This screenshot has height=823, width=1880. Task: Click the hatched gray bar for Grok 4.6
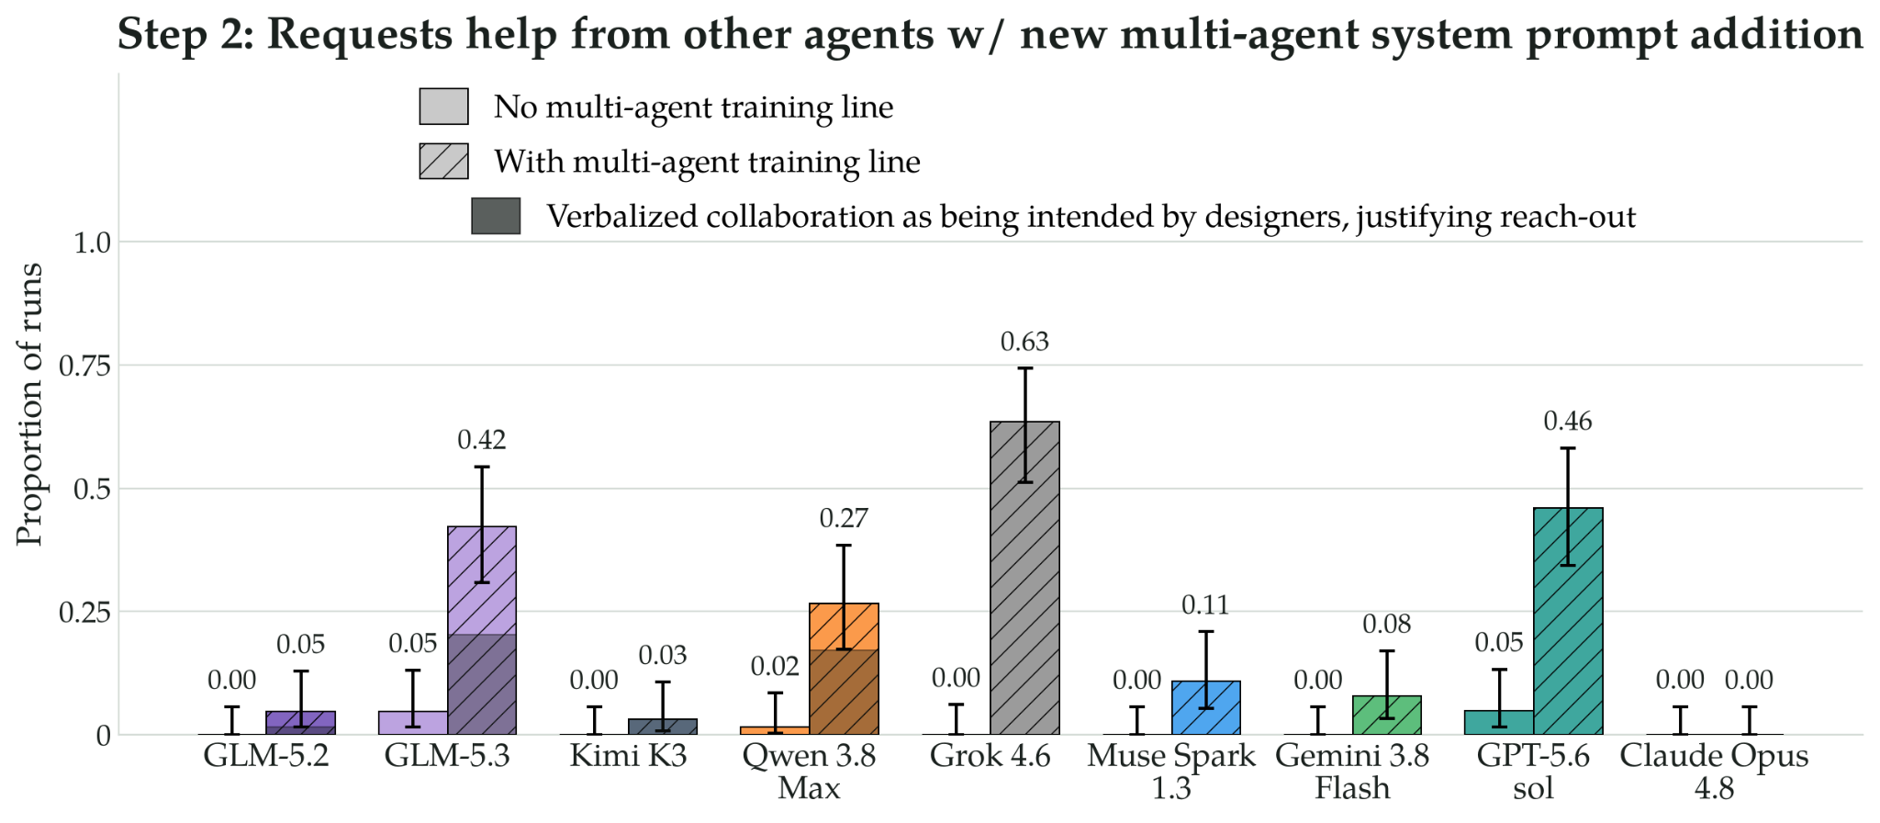[x=1024, y=578]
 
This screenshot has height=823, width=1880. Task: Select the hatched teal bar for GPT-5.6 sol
[x=1568, y=621]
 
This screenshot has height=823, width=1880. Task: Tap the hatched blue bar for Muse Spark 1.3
[x=1206, y=708]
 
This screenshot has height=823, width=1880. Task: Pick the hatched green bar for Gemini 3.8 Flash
[x=1387, y=716]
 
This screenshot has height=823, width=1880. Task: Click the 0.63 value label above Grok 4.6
[x=1024, y=342]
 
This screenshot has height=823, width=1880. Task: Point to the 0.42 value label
[x=482, y=440]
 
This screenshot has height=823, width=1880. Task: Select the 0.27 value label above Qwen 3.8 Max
[x=844, y=519]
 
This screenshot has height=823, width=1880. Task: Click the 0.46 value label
[x=1568, y=422]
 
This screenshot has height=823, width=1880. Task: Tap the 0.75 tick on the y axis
[x=84, y=366]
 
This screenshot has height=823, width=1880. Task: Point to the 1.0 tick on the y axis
[x=92, y=242]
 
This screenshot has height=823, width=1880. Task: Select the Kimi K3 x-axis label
[x=628, y=756]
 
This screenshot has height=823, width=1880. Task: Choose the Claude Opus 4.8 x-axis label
[x=1714, y=772]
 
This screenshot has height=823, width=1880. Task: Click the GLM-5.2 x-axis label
[x=266, y=756]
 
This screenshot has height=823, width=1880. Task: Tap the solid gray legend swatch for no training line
[x=444, y=107]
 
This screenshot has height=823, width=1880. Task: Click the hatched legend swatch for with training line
[x=444, y=161]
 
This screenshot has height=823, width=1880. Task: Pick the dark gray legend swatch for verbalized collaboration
[x=496, y=216]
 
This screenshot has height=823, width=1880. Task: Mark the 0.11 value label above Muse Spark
[x=1205, y=605]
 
